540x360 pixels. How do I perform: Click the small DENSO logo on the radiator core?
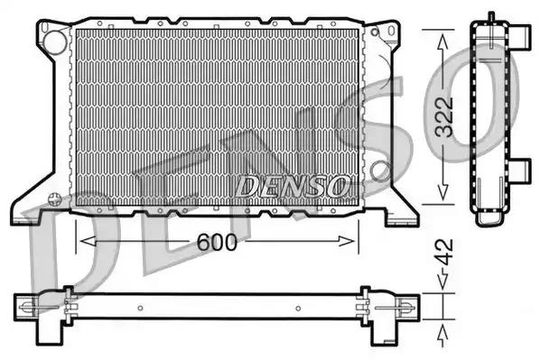(292, 186)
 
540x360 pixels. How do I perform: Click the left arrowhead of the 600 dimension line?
(84, 240)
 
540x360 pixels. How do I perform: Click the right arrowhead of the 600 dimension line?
(353, 240)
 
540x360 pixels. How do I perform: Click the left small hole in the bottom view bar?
(137, 308)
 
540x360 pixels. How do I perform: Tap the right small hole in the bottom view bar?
(300, 308)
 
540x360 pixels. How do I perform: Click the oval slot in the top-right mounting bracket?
(390, 33)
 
